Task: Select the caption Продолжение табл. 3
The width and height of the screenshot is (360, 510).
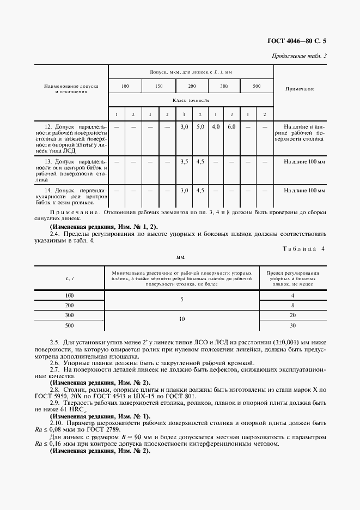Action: [x=298, y=56]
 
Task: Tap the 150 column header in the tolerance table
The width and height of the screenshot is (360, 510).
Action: [x=158, y=87]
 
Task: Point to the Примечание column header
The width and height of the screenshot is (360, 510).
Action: [x=300, y=89]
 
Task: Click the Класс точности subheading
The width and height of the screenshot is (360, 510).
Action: [x=191, y=100]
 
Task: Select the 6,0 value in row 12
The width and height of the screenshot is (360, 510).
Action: [x=231, y=126]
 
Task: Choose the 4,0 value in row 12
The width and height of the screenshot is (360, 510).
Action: [x=216, y=126]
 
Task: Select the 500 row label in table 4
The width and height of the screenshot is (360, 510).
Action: [x=69, y=325]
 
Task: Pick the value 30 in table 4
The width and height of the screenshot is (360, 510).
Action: [x=292, y=325]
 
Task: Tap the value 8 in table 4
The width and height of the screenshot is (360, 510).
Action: [x=292, y=305]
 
